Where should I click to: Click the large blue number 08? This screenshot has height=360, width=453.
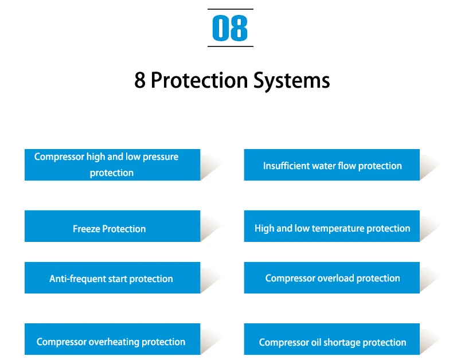tap(230, 28)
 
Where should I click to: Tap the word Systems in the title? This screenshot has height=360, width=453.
tap(291, 80)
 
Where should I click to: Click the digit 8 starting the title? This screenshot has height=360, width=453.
tap(140, 80)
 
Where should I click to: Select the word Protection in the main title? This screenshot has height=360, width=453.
tap(200, 80)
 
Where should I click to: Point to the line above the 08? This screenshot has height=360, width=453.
tap(231, 9)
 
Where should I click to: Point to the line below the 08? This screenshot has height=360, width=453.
tap(231, 46)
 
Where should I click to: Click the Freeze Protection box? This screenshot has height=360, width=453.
tap(112, 226)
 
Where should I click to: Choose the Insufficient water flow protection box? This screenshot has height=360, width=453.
tap(331, 165)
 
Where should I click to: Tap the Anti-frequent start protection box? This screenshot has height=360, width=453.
tap(112, 277)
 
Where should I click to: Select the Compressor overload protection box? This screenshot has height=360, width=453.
tap(331, 277)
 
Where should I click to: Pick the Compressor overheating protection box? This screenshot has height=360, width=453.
tap(112, 339)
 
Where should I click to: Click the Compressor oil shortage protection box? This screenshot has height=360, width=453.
tap(331, 339)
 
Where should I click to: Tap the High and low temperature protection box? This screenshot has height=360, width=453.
tap(331, 226)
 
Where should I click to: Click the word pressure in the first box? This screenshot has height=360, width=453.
tap(161, 157)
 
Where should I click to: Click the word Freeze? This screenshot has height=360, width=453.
tap(87, 229)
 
